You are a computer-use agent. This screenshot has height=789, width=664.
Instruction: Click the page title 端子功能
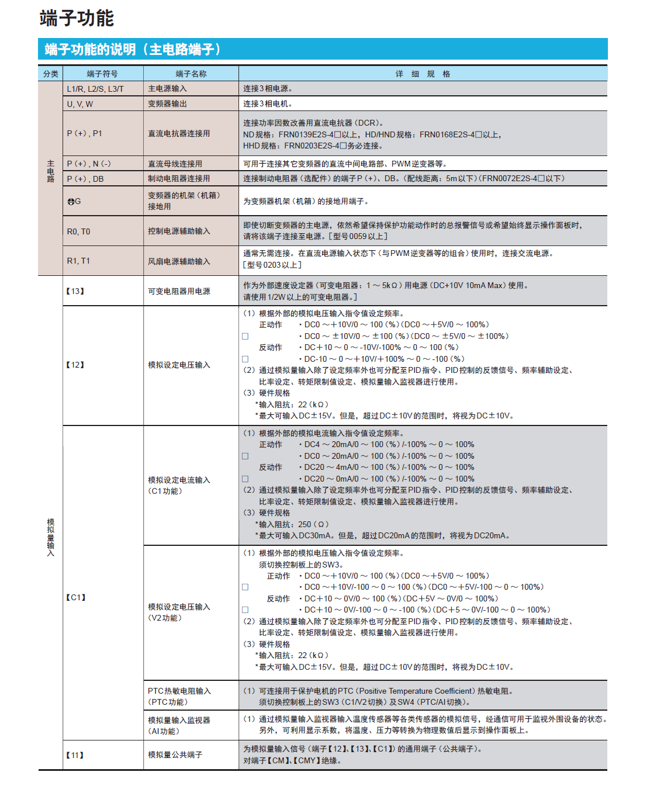[x=77, y=18]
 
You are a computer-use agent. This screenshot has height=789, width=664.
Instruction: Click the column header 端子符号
[x=102, y=74]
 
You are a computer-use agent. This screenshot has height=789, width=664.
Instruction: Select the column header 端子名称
[x=191, y=74]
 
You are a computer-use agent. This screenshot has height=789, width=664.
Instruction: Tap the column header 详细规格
[x=423, y=74]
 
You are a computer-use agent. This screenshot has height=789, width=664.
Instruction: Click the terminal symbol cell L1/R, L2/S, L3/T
[x=95, y=89]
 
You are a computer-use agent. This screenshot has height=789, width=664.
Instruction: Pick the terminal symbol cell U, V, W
[x=80, y=104]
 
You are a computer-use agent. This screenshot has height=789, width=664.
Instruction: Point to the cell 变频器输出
[x=167, y=104]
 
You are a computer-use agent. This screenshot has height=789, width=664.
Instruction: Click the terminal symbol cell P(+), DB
[x=85, y=179]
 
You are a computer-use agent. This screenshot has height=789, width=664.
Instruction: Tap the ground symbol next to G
[x=71, y=202]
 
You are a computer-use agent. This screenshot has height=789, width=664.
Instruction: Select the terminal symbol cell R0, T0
[x=78, y=231]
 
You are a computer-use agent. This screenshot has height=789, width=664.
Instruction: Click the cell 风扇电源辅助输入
[x=179, y=261]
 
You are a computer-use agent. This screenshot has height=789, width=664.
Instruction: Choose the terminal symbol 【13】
[x=75, y=291]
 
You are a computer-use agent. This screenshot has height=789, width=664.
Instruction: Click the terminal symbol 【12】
[x=75, y=365]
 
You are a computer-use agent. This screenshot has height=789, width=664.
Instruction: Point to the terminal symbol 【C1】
[x=76, y=597]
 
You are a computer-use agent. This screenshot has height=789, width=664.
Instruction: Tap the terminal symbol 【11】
[x=75, y=755]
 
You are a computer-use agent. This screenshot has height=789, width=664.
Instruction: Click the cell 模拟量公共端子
[x=175, y=755]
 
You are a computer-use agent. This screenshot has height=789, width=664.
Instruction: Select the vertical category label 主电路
[x=51, y=171]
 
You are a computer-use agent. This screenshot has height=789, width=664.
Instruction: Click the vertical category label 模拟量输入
[x=51, y=537]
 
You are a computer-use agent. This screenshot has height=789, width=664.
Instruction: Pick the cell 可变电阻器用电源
[x=179, y=291]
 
